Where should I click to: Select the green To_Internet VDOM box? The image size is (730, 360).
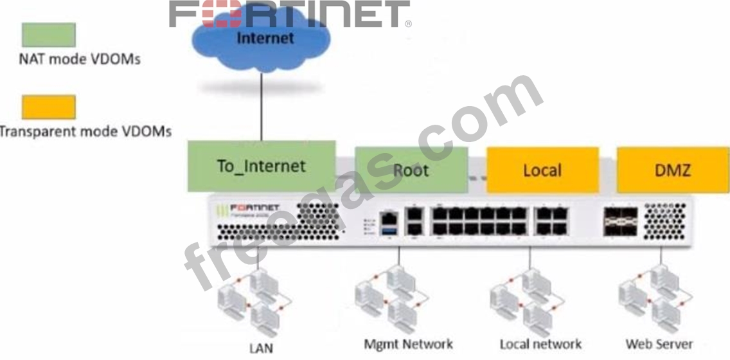(262, 166)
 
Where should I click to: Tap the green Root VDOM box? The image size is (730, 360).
(411, 170)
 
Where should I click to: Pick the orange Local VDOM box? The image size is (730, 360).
(542, 170)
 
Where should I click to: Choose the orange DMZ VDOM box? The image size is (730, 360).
(673, 170)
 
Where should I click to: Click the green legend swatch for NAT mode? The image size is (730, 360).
(49, 35)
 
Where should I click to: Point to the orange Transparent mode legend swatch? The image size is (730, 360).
(49, 107)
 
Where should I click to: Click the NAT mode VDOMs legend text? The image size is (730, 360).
(79, 60)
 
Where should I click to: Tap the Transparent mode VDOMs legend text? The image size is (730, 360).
(85, 132)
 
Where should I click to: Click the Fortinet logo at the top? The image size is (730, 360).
(289, 14)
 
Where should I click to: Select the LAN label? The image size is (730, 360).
(261, 349)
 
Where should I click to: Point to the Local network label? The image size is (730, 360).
(540, 344)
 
